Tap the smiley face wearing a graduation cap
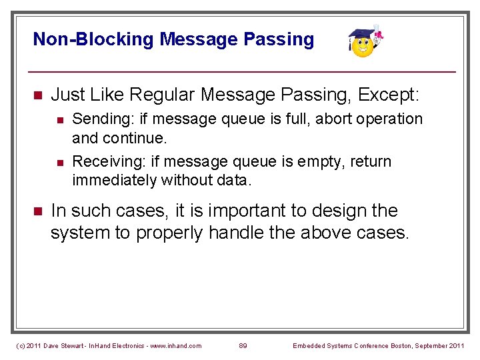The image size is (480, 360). tap(364, 43)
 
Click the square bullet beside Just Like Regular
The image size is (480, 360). tap(37, 95)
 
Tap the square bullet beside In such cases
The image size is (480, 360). tap(37, 211)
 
